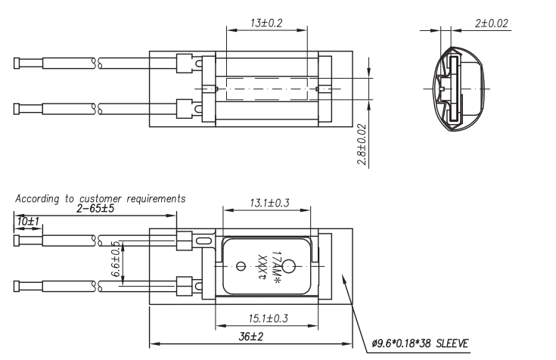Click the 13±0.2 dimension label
266,23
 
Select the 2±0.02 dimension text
492,23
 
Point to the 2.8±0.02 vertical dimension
362,144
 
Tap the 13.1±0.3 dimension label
269,203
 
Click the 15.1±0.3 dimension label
268,318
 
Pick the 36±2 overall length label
251,337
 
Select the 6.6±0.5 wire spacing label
116,259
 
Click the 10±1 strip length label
28,222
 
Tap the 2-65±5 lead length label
95,208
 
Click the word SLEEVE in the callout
452,343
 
